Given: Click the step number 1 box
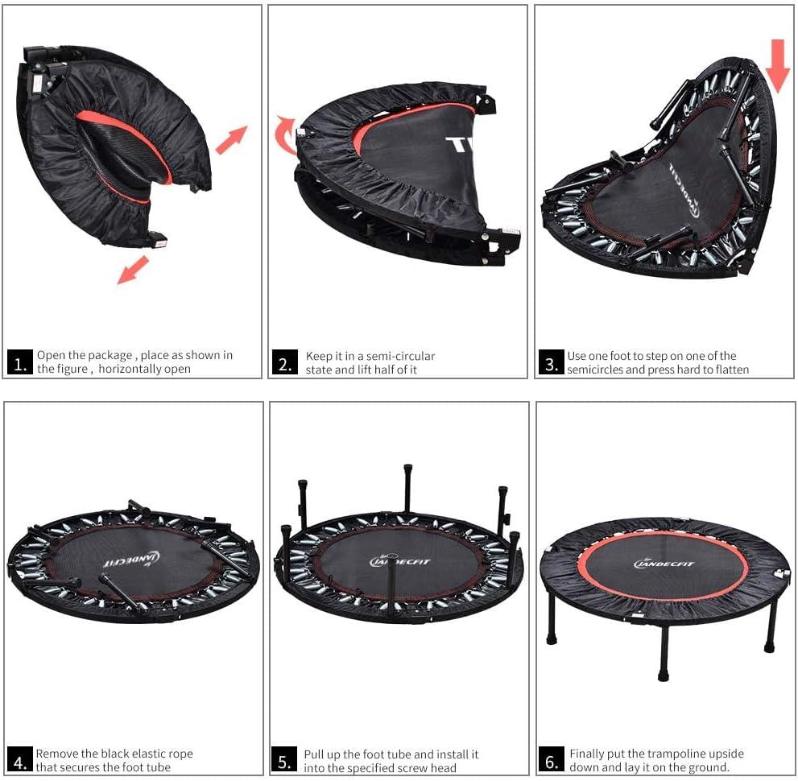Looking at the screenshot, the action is pyautogui.click(x=20, y=362).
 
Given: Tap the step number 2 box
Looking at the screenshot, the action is pyautogui.click(x=284, y=362).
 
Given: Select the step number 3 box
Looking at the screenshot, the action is pyautogui.click(x=552, y=362).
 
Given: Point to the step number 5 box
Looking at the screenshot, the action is pyautogui.click(x=284, y=760).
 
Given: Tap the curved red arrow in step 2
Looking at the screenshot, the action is pyautogui.click(x=285, y=134).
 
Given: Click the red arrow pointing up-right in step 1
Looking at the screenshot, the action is pyautogui.click(x=232, y=139).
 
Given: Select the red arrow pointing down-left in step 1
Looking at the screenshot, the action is pyautogui.click(x=133, y=270).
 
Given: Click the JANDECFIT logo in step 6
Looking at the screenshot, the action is pyautogui.click(x=664, y=564).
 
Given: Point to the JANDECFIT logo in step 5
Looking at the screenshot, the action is pyautogui.click(x=399, y=562).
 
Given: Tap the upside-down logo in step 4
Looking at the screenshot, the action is pyautogui.click(x=132, y=560).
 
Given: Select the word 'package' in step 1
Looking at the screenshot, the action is pyautogui.click(x=110, y=356).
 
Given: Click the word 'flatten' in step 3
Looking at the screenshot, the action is pyautogui.click(x=732, y=370).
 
